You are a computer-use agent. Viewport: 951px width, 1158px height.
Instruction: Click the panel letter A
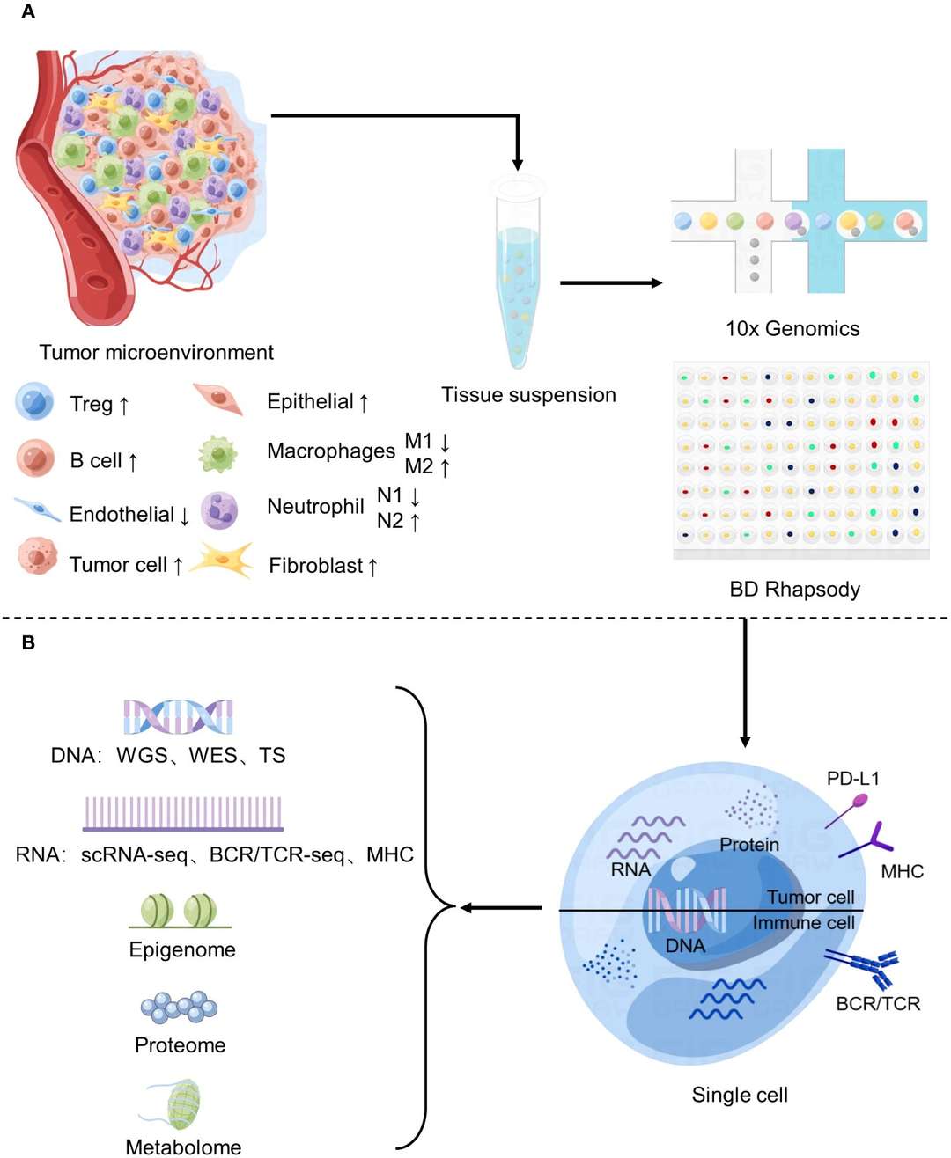pos(27,12)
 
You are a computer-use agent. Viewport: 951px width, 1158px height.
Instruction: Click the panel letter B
pos(28,642)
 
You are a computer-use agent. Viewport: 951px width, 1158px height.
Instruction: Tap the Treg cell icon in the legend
pos(35,401)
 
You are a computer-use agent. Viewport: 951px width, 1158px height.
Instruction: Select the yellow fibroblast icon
pos(220,560)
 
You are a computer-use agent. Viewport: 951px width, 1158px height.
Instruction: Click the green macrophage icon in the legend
pos(217,454)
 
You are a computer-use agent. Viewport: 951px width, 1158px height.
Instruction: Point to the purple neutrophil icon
pos(218,509)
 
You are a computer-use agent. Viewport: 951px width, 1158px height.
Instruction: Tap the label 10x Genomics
pos(792,329)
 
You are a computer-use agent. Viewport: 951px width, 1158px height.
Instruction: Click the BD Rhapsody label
pos(794,589)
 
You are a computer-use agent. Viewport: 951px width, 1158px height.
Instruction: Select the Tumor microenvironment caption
pos(156,353)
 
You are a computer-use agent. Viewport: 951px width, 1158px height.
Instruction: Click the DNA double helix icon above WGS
pos(178,716)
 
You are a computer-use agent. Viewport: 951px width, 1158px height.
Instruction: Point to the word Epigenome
pos(182,949)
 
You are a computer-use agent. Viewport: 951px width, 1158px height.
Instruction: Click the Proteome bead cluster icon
pos(179,1007)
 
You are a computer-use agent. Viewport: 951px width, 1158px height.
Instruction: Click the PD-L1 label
pos(852,779)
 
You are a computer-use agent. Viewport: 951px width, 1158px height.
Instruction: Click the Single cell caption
pos(740,1095)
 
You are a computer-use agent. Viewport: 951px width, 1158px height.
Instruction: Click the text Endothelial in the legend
pos(122,514)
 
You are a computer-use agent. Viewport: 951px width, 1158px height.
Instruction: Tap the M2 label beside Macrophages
pos(419,466)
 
